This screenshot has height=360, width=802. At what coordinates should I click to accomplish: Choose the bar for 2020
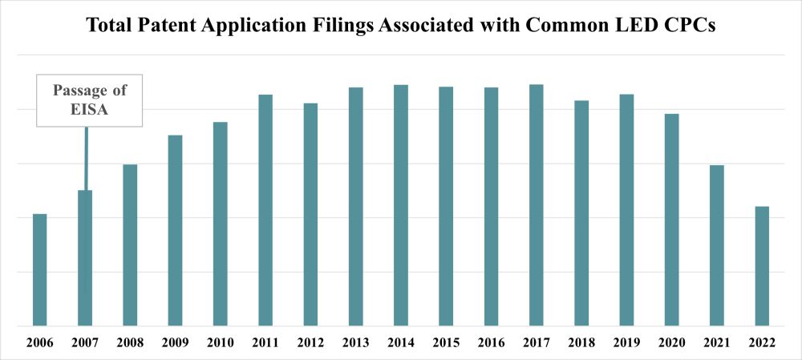tap(672, 220)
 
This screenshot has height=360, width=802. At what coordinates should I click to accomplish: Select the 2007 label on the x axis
tap(85, 342)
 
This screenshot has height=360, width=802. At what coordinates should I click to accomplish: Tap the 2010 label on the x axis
tap(221, 342)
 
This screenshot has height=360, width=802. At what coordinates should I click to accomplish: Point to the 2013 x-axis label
tap(356, 342)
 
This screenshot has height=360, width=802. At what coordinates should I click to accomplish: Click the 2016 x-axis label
tap(492, 342)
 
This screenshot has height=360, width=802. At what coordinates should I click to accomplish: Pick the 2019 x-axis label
tap(627, 342)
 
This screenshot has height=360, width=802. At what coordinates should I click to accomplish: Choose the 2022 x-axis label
tap(762, 342)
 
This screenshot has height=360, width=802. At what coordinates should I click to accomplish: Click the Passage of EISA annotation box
tap(90, 101)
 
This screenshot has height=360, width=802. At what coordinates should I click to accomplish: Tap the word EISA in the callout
tap(90, 111)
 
